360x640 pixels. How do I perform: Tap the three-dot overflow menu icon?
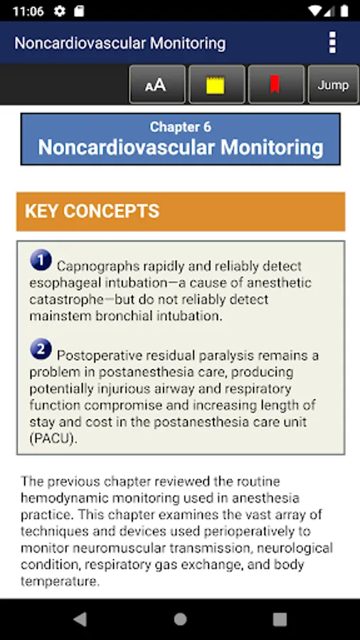click(x=333, y=43)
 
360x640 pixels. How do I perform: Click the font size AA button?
click(x=157, y=85)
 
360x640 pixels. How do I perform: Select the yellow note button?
click(x=217, y=85)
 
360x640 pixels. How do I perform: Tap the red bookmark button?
click(x=276, y=85)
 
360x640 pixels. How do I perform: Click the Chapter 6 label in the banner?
click(x=181, y=127)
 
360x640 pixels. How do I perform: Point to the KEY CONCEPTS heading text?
click(x=92, y=211)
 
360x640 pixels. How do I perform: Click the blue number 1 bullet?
click(x=41, y=260)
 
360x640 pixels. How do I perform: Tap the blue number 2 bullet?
click(x=41, y=349)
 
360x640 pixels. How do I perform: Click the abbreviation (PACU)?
click(x=53, y=439)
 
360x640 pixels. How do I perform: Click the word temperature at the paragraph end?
click(x=60, y=581)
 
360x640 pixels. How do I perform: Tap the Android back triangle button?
click(x=80, y=619)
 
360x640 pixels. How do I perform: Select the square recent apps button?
click(x=280, y=619)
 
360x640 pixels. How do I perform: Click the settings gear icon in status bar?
click(x=60, y=11)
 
